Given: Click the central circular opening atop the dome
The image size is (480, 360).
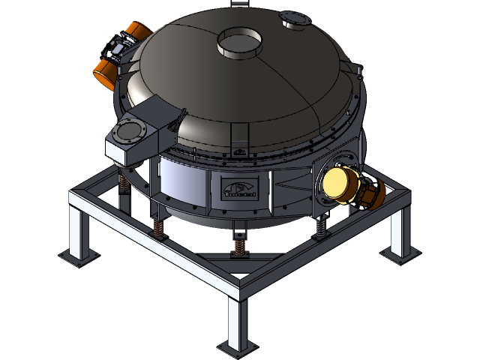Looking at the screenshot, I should coord(238,43).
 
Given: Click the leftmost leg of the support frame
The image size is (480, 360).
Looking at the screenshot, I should coord(78,229).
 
